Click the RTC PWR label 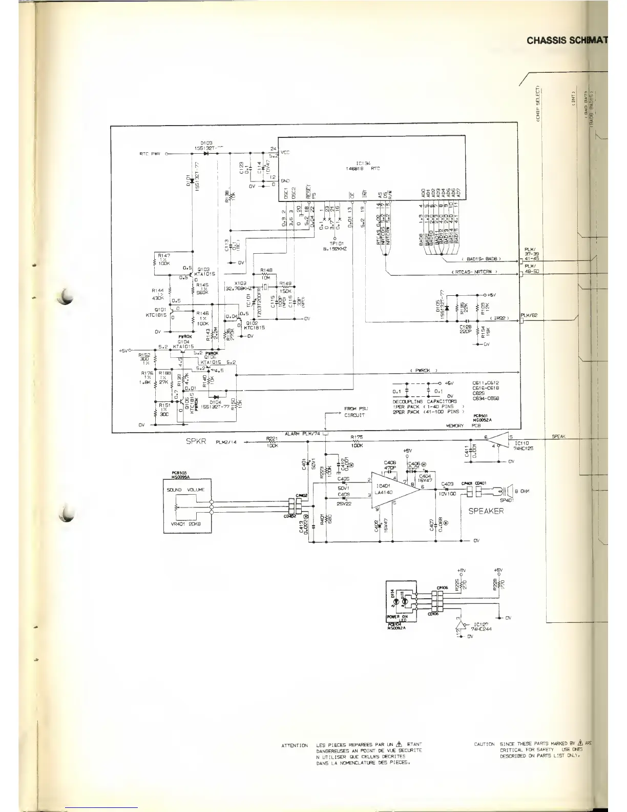[150, 153]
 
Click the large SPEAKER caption [486, 511]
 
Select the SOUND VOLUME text [185, 490]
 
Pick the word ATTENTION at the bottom [295, 745]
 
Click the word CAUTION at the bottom [484, 744]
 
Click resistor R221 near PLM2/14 [271, 441]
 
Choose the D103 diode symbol [207, 153]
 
